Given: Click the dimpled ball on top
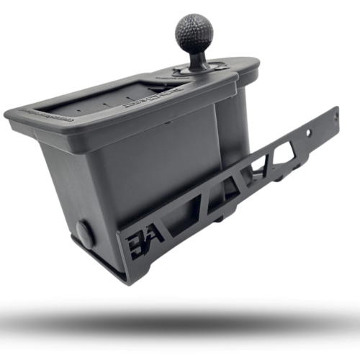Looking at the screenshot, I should pyautogui.click(x=194, y=32).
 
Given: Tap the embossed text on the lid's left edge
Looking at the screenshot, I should pyautogui.click(x=43, y=114).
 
